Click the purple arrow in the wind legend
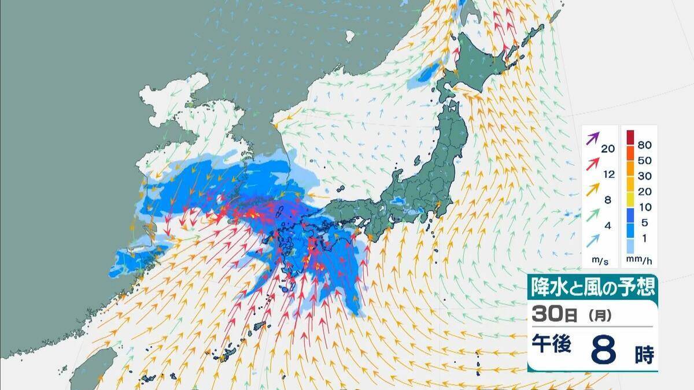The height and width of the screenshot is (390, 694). [x=593, y=139]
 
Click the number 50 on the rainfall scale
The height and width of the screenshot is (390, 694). [x=645, y=157]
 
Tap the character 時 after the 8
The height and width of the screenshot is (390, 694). [x=644, y=356]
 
